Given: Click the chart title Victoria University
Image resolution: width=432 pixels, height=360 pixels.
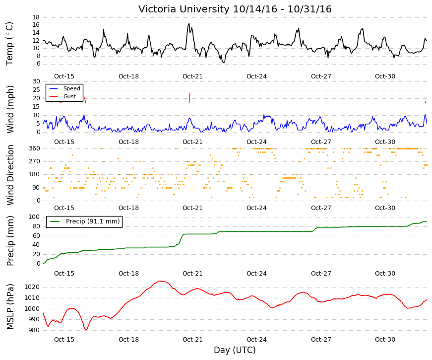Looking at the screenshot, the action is click(185, 9).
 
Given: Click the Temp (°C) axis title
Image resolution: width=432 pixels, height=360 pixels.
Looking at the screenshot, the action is click(9, 44).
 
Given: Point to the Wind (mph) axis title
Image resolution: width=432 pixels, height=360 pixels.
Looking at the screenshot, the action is click(9, 109).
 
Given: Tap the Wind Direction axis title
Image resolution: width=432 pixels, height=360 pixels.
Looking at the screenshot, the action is click(10, 175).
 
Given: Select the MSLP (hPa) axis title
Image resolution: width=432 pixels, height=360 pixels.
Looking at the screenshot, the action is click(9, 306).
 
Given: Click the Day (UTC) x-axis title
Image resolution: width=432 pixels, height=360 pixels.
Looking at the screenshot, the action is click(235, 350).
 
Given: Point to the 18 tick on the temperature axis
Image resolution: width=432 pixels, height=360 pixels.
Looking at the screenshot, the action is click(36, 17).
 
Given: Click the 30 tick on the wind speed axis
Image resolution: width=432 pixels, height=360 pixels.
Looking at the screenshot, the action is click(36, 81).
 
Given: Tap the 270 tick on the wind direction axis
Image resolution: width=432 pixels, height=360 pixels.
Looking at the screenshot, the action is click(35, 161).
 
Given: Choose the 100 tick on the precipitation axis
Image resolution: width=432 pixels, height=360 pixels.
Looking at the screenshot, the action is click(34, 217).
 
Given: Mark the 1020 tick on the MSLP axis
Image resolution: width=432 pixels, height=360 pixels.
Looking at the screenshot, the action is click(32, 287).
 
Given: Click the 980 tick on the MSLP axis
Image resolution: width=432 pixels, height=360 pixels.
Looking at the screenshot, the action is click(34, 330).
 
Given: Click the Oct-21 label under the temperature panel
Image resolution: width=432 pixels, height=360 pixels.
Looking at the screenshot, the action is click(192, 76).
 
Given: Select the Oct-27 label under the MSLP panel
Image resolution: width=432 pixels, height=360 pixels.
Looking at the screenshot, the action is click(321, 340).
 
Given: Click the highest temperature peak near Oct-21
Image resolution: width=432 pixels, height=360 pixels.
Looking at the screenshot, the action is click(189, 24).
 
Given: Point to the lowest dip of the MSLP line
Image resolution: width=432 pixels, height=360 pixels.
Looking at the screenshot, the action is click(86, 329).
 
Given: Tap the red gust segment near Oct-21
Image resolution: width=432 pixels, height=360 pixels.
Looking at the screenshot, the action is click(189, 98).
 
